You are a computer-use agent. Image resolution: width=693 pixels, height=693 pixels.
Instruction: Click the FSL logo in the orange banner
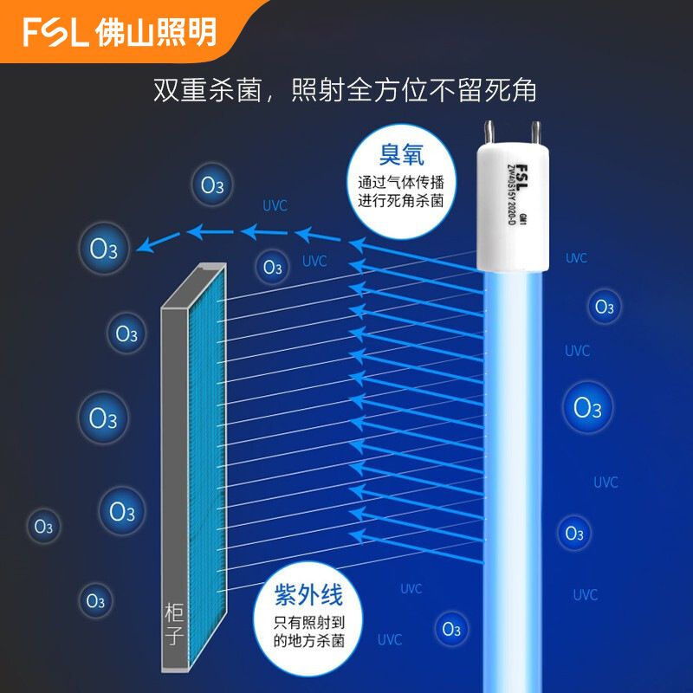pyautogui.click(x=56, y=33)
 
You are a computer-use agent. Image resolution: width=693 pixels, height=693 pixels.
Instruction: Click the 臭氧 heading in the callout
pyautogui.click(x=401, y=154)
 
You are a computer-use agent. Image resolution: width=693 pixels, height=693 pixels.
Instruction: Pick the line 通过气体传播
pyautogui.click(x=401, y=183)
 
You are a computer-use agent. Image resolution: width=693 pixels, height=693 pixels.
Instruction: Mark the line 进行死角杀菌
pyautogui.click(x=401, y=200)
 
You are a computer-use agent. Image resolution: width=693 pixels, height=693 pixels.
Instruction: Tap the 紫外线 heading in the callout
pyautogui.click(x=309, y=595)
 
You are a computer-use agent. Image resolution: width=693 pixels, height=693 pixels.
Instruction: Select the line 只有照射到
pyautogui.click(x=309, y=623)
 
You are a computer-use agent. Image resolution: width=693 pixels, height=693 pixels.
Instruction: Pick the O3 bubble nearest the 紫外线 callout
pyautogui.click(x=450, y=630)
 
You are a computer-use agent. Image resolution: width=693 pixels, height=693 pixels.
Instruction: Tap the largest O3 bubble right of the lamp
pyautogui.click(x=588, y=408)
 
